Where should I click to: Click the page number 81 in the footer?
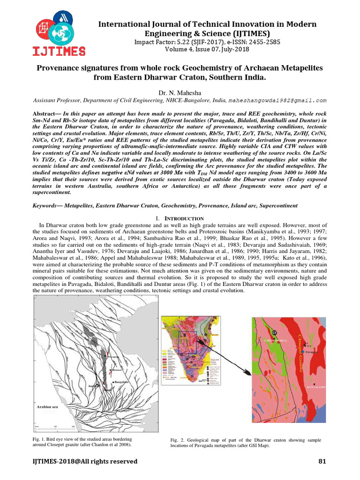[322, 461]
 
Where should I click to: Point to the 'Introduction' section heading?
[180, 218]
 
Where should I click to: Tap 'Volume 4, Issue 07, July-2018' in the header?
[207, 49]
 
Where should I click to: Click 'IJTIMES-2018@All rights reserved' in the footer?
[85, 461]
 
